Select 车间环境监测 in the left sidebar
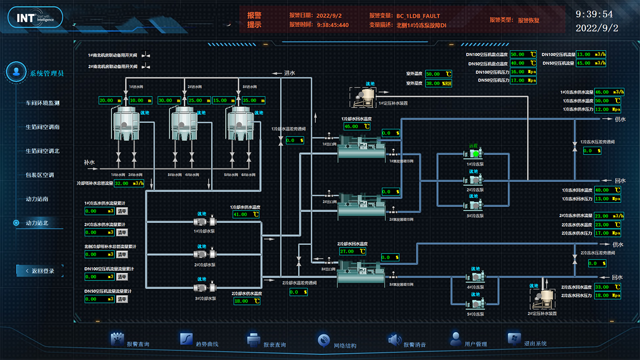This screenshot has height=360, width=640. coord(42,103)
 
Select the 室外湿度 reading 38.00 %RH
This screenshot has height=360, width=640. coord(438,83)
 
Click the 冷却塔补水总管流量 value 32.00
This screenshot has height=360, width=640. coord(129,183)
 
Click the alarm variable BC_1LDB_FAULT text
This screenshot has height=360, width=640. coord(418,16)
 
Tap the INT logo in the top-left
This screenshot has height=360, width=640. coord(34,18)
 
